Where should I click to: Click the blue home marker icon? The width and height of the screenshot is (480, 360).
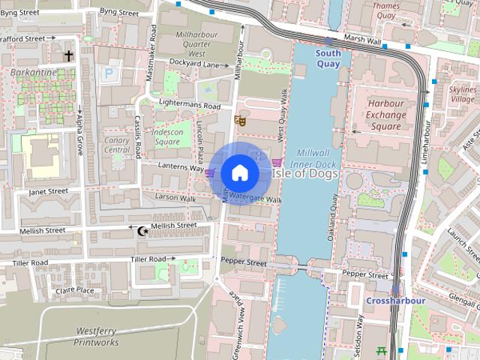[238, 172]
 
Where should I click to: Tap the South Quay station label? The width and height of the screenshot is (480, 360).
[328, 58]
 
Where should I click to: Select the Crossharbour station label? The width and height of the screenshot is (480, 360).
[395, 301]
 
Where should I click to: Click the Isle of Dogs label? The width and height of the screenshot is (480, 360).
[304, 173]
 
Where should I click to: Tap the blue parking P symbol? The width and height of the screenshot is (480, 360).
[109, 73]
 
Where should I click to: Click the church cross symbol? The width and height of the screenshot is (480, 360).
[69, 55]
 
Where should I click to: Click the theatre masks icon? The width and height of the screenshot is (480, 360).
[240, 120]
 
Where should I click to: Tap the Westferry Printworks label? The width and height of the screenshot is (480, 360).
[96, 336]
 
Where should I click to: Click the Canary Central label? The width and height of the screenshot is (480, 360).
[116, 144]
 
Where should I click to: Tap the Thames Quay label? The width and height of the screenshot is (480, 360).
[386, 10]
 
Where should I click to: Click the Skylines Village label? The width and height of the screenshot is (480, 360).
[462, 94]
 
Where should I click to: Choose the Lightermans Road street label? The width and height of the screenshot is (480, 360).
[188, 106]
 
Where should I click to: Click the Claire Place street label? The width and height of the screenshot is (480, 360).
[75, 290]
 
